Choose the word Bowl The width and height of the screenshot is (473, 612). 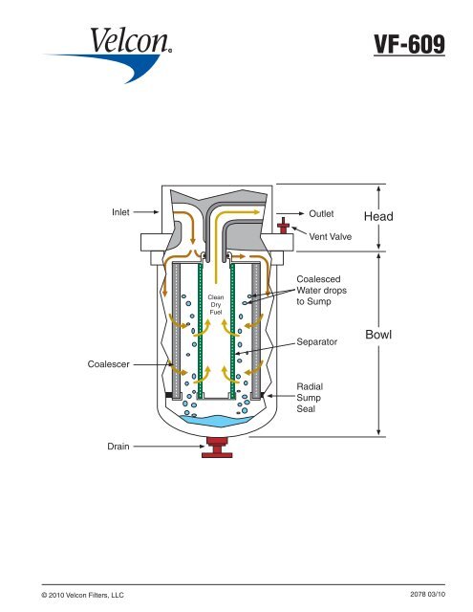click(x=380, y=336)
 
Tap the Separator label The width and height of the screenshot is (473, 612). click(x=317, y=339)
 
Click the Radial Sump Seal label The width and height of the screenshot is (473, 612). click(x=311, y=393)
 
